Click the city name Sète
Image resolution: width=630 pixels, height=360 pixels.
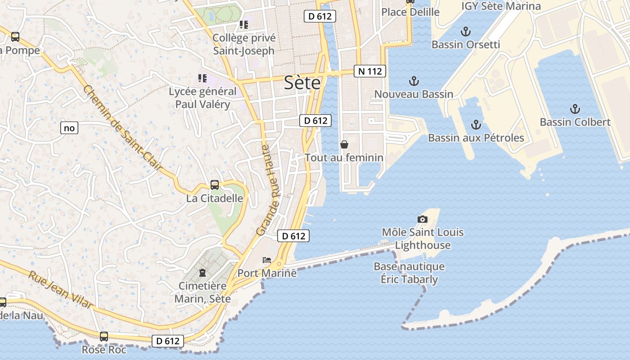[302, 83]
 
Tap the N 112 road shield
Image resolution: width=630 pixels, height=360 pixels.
[370, 71]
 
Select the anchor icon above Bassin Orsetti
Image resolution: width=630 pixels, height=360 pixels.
[466, 31]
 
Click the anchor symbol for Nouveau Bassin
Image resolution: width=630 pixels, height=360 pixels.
[414, 81]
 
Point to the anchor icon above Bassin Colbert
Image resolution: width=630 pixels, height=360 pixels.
[575, 109]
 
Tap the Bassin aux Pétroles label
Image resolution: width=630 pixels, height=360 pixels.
[476, 138]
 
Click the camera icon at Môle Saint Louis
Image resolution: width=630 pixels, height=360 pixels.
[422, 219]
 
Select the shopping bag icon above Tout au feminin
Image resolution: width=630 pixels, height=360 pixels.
[344, 144]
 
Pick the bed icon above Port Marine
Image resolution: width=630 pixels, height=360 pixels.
[267, 260]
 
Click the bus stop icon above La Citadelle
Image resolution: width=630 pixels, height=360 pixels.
[215, 185]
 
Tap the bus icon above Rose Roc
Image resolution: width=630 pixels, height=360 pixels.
[104, 336]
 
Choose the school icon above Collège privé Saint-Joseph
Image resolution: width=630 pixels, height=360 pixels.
[244, 25]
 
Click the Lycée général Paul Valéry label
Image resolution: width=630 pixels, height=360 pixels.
[202, 98]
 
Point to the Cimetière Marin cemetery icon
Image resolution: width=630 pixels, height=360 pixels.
[202, 272]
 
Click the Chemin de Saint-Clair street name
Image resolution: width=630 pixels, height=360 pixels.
[122, 129]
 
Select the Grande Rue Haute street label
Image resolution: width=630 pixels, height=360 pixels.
[269, 190]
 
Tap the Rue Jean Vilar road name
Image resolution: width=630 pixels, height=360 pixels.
[60, 290]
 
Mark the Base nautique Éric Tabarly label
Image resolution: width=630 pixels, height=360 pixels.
[409, 273]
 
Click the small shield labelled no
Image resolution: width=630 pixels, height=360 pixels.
[69, 128]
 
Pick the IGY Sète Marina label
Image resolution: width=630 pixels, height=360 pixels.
[501, 6]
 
